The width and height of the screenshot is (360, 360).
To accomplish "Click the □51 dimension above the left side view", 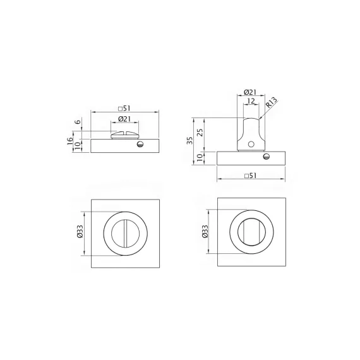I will (124, 107).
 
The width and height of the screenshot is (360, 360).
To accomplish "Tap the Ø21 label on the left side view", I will (124, 119).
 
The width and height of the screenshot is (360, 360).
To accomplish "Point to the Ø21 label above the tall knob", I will (248, 93).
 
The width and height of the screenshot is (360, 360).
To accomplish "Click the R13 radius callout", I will (272, 104).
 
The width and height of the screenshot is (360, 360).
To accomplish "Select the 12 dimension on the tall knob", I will (251, 101).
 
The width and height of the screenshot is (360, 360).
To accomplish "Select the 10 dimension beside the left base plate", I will (77, 145).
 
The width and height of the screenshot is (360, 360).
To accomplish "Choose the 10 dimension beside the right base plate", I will (201, 157).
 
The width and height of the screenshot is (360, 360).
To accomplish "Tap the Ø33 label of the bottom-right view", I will (204, 232).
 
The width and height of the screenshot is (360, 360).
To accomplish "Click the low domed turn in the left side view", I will (124, 134).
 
